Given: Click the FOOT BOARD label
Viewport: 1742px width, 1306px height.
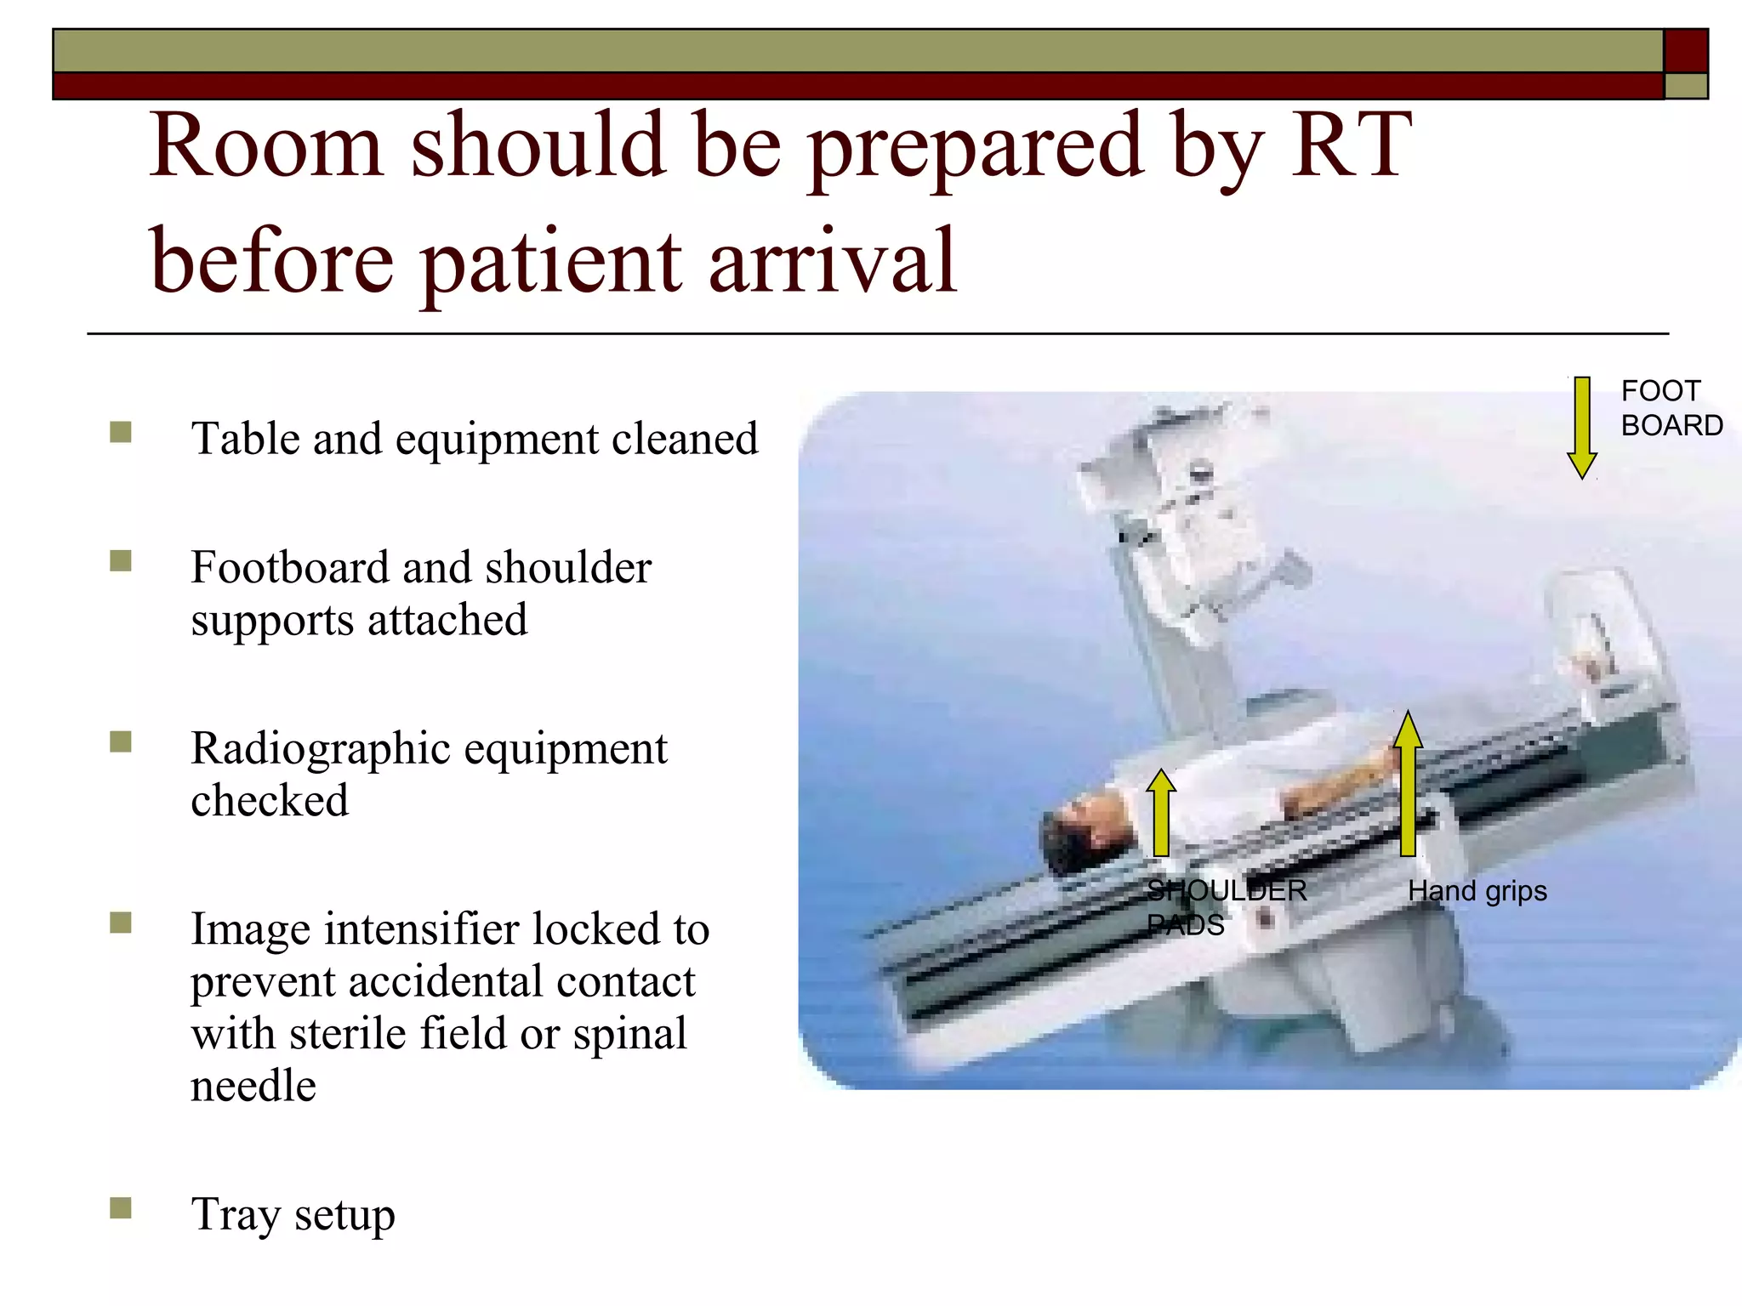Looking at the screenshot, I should [x=1671, y=408].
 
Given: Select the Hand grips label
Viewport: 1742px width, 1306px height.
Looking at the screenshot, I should [x=1477, y=891].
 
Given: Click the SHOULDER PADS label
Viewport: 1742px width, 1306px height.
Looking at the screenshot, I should [x=1225, y=907].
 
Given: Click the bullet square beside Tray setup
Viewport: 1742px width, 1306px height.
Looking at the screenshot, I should [x=121, y=1207].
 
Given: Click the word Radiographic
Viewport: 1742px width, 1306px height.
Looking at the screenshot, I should [x=321, y=748].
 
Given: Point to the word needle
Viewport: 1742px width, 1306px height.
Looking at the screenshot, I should [x=253, y=1087].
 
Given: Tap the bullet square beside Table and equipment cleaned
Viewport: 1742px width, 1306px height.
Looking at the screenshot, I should [x=121, y=433].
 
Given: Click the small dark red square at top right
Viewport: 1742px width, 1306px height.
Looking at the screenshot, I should [x=1685, y=51].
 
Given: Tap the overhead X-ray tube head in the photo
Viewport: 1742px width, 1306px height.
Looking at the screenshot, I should [x=1191, y=510].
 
